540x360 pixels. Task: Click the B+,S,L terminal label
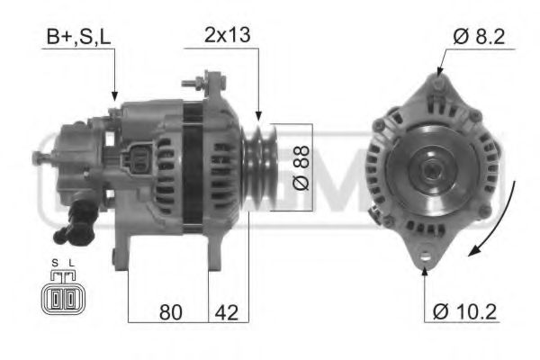click(x=78, y=38)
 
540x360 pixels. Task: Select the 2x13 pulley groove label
click(x=227, y=37)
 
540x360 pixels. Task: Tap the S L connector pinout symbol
click(x=60, y=297)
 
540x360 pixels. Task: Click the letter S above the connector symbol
click(x=54, y=265)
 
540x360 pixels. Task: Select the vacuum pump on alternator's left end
click(x=72, y=162)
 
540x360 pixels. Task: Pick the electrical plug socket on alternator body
click(x=139, y=162)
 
